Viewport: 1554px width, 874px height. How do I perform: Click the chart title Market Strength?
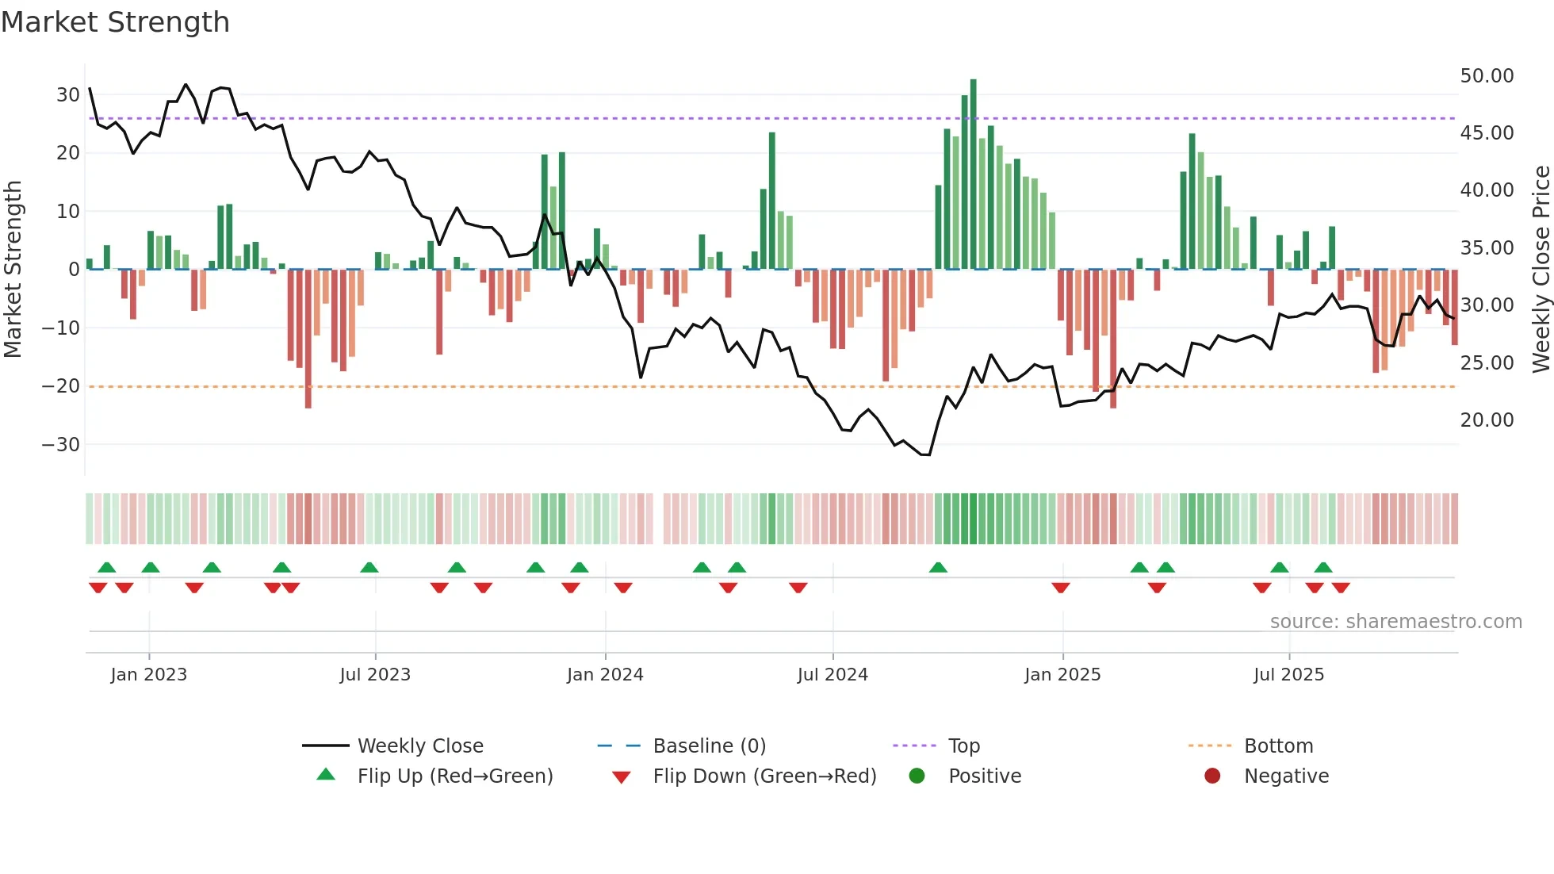(x=115, y=22)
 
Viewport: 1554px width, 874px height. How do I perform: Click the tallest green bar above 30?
(x=973, y=174)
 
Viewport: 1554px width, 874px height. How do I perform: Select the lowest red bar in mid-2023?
(x=308, y=339)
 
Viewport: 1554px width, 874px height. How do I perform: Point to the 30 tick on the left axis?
(x=68, y=95)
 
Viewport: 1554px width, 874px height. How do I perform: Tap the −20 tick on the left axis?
(x=61, y=386)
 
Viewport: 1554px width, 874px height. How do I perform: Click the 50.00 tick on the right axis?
(x=1487, y=76)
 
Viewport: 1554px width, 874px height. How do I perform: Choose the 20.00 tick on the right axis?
(x=1487, y=420)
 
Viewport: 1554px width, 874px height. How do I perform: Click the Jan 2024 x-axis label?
(x=605, y=675)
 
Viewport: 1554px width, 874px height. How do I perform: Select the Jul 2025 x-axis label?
(x=1288, y=675)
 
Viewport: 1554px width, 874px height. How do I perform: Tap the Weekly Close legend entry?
(x=420, y=746)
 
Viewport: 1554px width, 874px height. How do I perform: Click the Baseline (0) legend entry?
(x=709, y=746)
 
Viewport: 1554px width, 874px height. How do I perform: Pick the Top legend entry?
(x=963, y=746)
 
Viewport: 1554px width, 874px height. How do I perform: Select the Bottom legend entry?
(x=1278, y=746)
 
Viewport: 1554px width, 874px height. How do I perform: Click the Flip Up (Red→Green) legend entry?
(x=454, y=776)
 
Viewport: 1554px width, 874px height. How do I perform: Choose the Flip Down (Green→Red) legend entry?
(x=764, y=776)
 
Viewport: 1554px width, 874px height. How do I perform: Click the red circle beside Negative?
(x=1212, y=776)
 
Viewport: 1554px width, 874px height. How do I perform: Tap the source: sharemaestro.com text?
(x=1395, y=622)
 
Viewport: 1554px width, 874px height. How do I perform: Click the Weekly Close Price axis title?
(x=1541, y=270)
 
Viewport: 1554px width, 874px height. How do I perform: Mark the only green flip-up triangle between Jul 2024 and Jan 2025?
(x=938, y=568)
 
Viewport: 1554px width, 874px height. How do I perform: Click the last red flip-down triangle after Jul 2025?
(x=1341, y=588)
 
